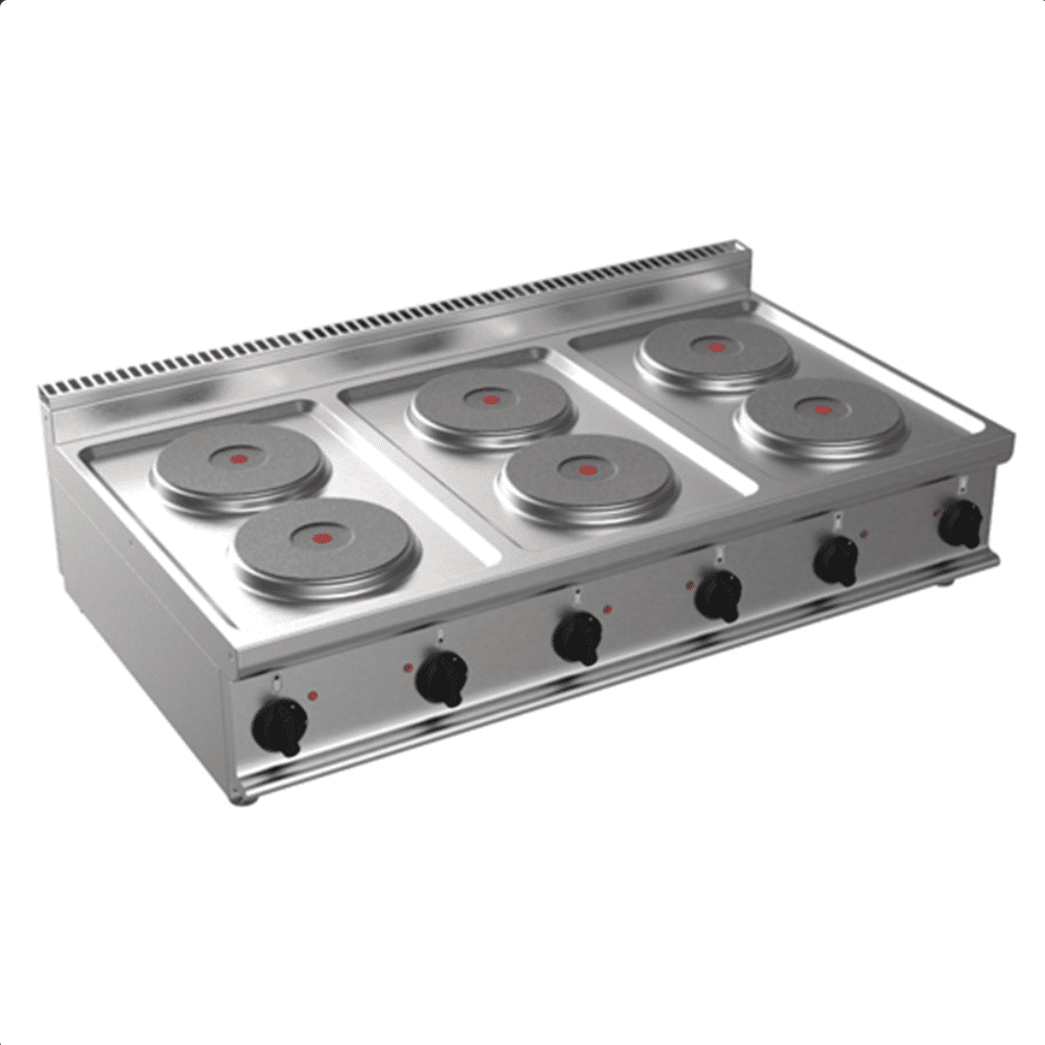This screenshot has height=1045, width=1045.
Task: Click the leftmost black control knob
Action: coord(280,726)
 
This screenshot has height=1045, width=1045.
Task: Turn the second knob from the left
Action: coord(442,677)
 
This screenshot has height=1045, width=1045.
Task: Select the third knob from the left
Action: coord(578,637)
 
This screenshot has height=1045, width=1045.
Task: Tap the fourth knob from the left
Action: coord(719,596)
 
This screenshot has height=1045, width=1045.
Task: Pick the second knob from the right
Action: coord(836,560)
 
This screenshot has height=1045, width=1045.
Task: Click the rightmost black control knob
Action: coord(960,524)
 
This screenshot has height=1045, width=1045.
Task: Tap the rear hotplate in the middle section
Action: coord(491,405)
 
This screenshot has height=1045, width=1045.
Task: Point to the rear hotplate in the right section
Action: coord(715,351)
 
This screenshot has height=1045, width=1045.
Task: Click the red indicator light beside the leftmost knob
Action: coord(312,696)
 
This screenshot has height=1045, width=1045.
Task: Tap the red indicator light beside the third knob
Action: coord(606,609)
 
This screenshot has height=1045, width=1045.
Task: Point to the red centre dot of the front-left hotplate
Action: coord(321,538)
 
